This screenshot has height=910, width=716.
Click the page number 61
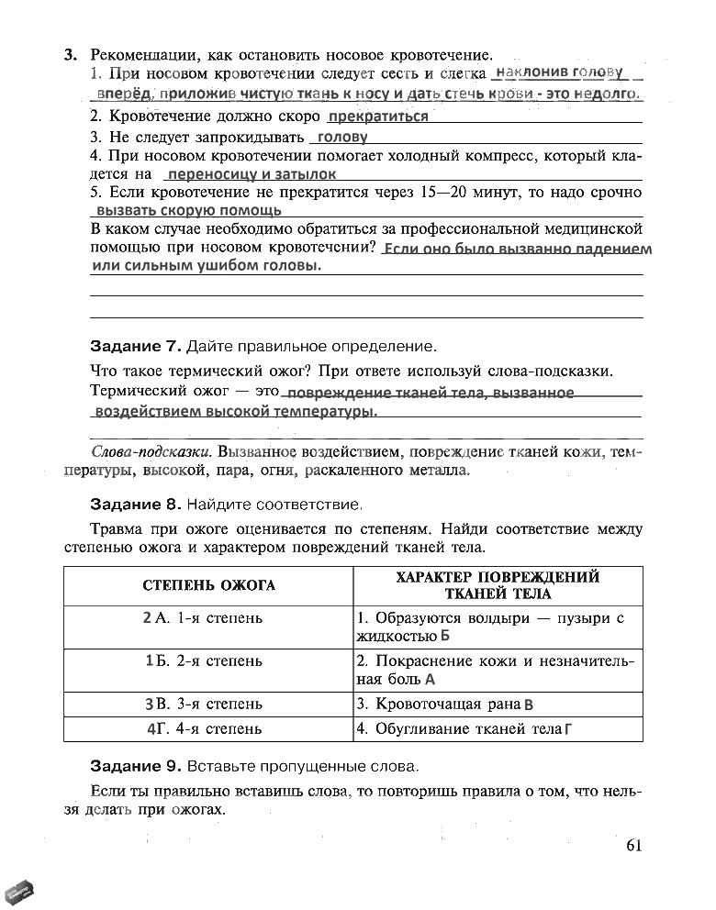click(x=632, y=845)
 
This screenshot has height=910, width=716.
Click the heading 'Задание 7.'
click(x=136, y=347)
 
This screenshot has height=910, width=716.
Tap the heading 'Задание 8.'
click(x=136, y=505)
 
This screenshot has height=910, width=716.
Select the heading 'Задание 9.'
click(x=136, y=766)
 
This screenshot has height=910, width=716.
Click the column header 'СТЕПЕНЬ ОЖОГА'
click(x=208, y=585)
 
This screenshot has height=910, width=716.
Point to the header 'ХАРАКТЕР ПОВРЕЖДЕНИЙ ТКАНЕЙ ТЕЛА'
click(x=497, y=585)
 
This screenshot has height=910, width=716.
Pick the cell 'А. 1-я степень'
click(x=208, y=618)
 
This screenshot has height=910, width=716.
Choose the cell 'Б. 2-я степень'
click(x=208, y=660)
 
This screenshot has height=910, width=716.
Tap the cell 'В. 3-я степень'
click(x=208, y=705)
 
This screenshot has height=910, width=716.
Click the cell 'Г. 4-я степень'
click(x=208, y=729)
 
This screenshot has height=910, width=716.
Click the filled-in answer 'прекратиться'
click(x=378, y=117)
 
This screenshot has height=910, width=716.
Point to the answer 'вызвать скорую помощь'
click(x=189, y=210)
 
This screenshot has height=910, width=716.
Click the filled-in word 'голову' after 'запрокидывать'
click(x=341, y=137)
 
